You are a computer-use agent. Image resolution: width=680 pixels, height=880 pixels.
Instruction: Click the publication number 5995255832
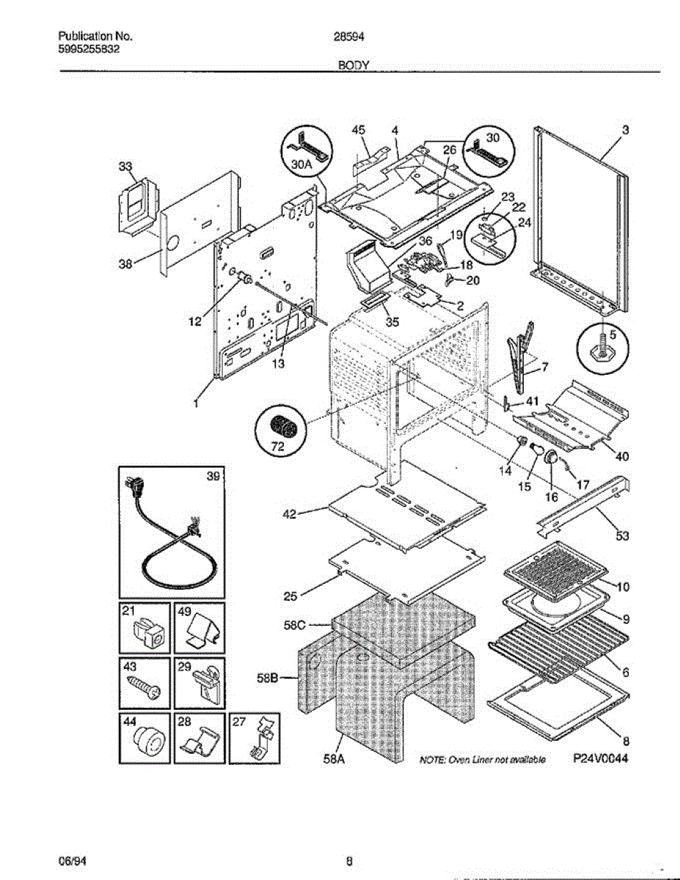(x=89, y=49)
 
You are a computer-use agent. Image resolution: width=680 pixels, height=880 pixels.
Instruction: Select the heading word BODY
(x=352, y=65)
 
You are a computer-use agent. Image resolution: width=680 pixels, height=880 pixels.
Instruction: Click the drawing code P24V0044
(x=601, y=760)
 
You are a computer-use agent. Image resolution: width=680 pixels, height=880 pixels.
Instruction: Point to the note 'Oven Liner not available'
(x=481, y=760)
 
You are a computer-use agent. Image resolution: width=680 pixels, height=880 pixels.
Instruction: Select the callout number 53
(x=622, y=537)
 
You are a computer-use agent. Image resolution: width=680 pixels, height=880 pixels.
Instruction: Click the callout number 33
(x=125, y=166)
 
